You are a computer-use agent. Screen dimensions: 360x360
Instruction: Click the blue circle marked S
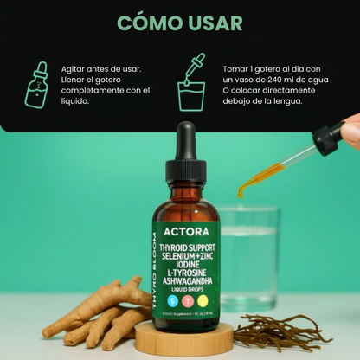171,300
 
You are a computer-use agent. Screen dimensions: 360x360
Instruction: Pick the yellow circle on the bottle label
202,300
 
